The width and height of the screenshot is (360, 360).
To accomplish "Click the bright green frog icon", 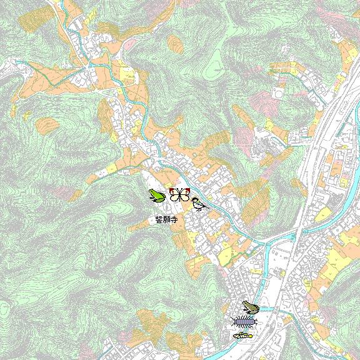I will click(156, 196).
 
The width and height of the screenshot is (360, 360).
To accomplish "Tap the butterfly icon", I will click(179, 194).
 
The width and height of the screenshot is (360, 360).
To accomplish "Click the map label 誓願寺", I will click(167, 220).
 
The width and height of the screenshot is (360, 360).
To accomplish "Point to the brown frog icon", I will click(250, 307).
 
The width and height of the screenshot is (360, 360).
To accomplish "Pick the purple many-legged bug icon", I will click(244, 322).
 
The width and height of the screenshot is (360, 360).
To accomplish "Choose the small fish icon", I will click(242, 336).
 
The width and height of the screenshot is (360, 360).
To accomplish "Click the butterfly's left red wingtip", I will click(171, 189).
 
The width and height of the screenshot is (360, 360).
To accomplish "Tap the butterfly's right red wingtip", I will click(187, 189).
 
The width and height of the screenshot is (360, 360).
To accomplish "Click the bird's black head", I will click(195, 200).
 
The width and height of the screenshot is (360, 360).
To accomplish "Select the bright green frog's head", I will click(152, 194).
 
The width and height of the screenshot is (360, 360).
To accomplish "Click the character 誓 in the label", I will click(159, 220).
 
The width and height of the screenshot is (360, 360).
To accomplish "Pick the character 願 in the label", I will click(167, 220).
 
